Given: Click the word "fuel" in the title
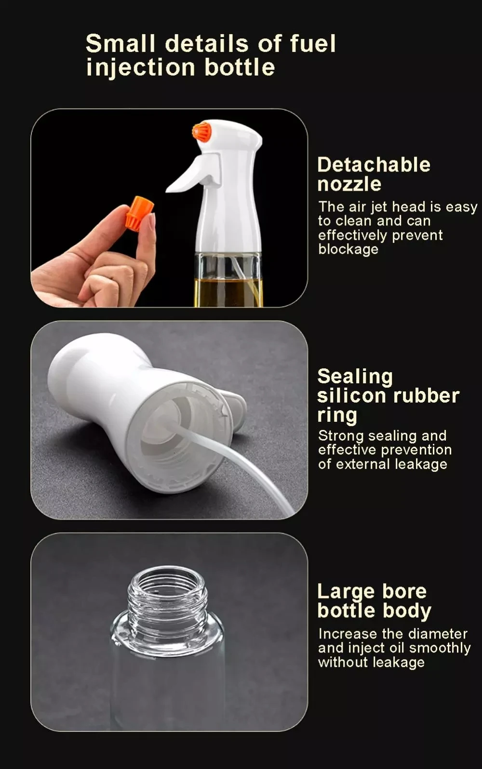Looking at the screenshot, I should point(312,44).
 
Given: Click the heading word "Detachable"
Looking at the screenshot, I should point(374,165).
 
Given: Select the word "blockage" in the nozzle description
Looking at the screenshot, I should point(348,249).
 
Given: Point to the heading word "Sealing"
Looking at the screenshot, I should point(355,377).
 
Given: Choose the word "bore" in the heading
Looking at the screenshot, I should point(404,591).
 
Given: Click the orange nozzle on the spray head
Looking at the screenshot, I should point(201,131).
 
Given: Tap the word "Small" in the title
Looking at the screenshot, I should point(120,44).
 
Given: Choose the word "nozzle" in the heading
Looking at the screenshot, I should point(349,184).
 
